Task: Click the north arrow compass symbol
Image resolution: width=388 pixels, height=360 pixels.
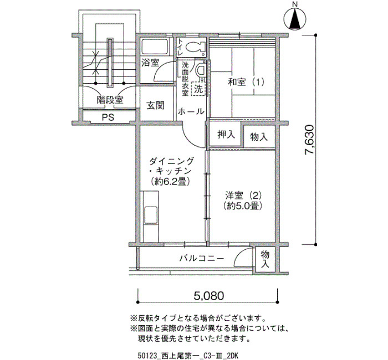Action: click(x=295, y=18)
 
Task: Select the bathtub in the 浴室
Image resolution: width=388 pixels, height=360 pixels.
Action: click(x=155, y=46)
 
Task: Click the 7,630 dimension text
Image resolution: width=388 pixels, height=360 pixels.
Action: click(x=309, y=140)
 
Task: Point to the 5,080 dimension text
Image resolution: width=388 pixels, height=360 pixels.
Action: click(x=209, y=295)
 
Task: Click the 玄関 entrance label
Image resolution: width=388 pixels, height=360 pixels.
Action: click(x=155, y=106)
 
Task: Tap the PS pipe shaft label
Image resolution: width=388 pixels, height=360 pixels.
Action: click(x=108, y=117)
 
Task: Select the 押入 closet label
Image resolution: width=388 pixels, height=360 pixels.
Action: click(x=226, y=135)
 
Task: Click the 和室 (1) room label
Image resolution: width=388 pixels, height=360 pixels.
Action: click(x=246, y=82)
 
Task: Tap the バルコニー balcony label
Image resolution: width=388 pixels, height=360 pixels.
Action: click(x=202, y=259)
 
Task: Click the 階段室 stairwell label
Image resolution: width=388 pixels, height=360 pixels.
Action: click(x=110, y=100)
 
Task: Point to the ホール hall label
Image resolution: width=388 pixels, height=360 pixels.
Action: click(x=191, y=111)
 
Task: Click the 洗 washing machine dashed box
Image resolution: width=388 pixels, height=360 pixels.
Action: click(x=198, y=89)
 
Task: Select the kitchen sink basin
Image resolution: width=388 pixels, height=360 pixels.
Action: click(x=151, y=214)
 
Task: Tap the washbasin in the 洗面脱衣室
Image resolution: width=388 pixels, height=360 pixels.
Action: click(x=200, y=70)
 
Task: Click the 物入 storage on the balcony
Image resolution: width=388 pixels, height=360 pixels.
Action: click(x=265, y=259)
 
